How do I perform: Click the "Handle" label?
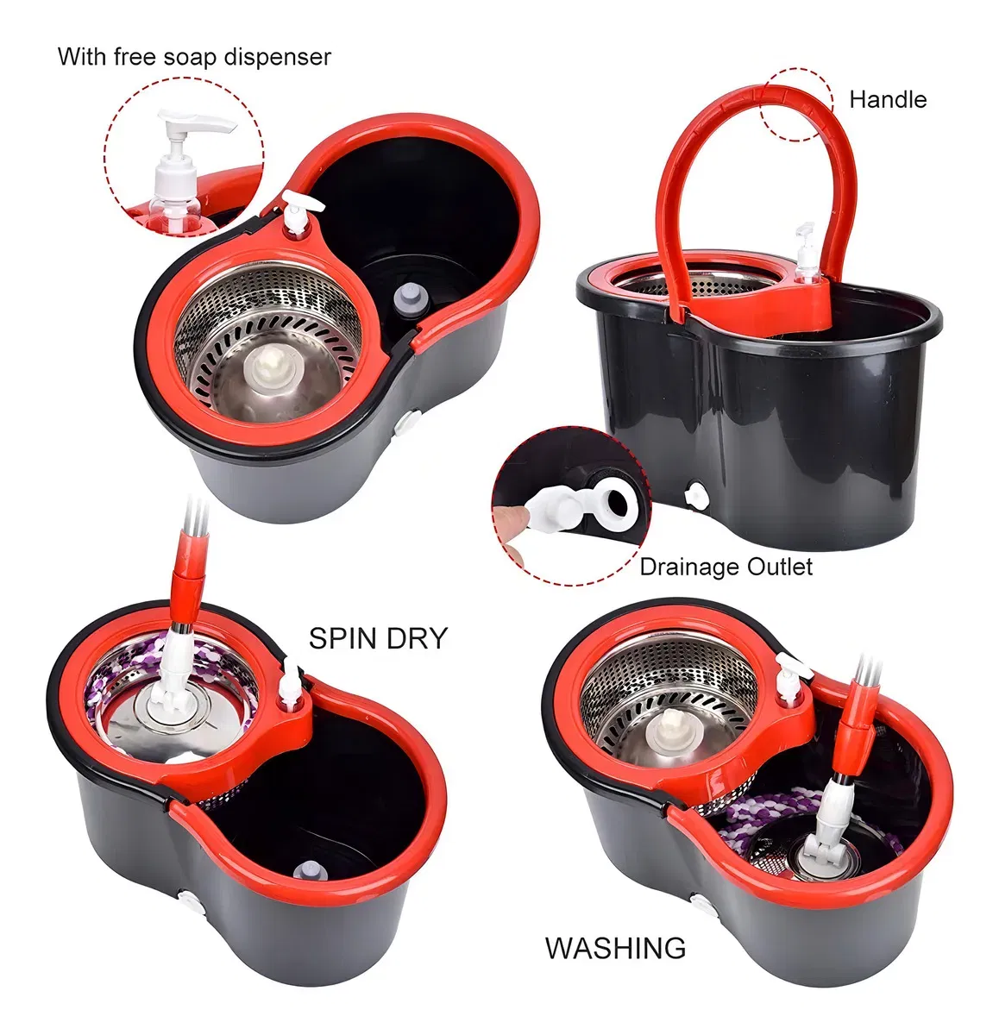point(888,100)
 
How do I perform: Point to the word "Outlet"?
point(779,567)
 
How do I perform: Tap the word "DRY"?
point(417,638)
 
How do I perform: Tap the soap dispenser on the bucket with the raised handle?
point(807,254)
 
